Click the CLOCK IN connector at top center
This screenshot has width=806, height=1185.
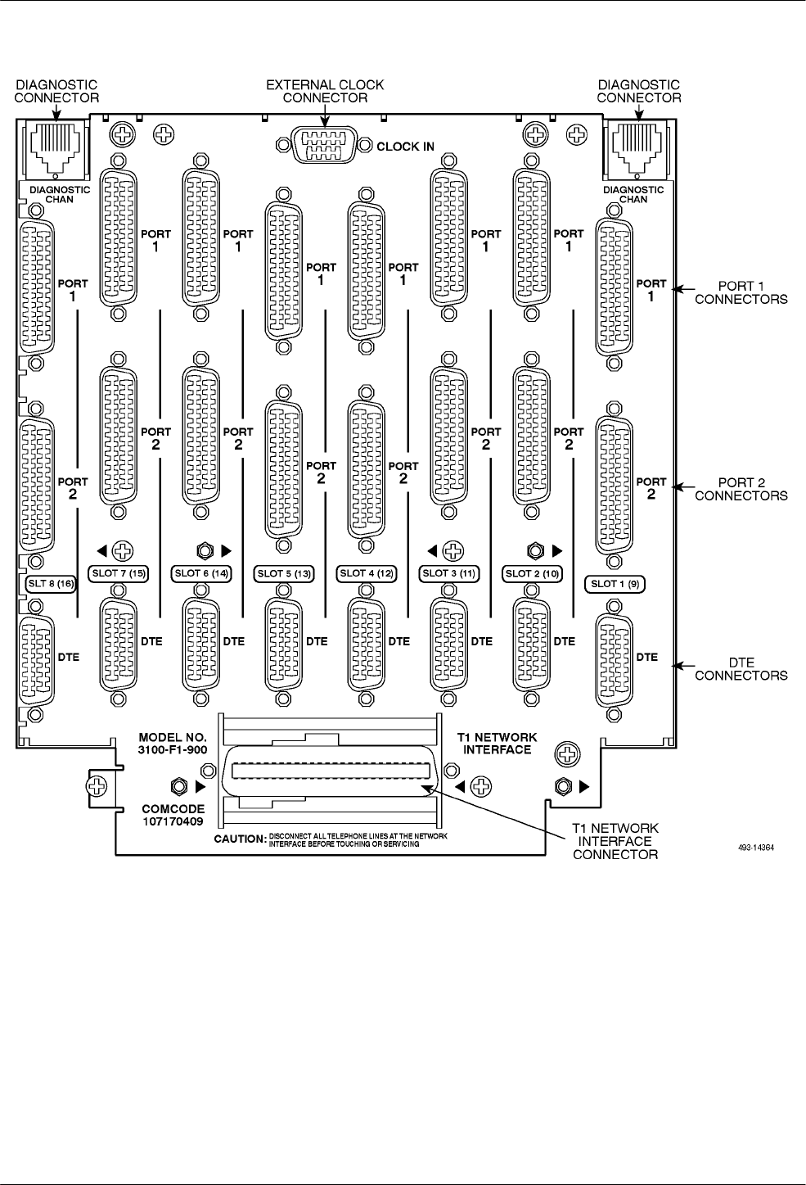point(325,147)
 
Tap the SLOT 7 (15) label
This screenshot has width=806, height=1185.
point(119,573)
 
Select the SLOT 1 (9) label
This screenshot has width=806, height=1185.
point(615,584)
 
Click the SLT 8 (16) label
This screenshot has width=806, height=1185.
point(47,583)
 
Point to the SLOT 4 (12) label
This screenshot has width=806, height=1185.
point(367,573)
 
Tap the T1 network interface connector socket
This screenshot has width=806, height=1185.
point(331,771)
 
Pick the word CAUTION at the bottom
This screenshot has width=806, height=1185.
point(240,839)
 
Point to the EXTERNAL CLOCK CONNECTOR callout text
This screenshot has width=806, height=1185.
point(325,91)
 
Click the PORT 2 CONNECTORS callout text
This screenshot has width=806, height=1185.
point(741,489)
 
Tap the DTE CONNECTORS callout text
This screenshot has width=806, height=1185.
point(741,669)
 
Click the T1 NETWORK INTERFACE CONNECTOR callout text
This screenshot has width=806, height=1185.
point(615,841)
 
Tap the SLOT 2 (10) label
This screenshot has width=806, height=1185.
point(532,573)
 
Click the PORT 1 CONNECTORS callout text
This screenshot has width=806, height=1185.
point(741,292)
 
